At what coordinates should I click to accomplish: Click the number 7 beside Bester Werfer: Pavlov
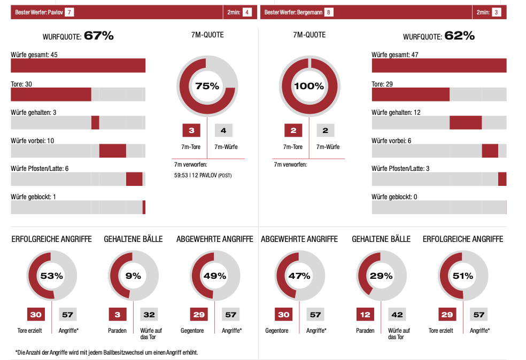point(69,12)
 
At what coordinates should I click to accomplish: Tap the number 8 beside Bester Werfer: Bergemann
point(328,12)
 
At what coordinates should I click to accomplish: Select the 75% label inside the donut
point(207,86)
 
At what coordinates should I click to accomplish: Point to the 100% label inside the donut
point(309,86)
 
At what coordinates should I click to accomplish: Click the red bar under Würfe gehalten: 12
point(466,122)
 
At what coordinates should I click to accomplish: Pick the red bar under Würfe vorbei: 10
point(112,151)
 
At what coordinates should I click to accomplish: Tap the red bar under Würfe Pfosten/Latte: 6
point(134,179)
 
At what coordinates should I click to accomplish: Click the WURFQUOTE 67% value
point(99,36)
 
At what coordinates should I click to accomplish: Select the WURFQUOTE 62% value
point(460,36)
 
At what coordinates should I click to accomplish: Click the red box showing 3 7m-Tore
point(191,130)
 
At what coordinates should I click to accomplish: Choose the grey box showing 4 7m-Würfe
point(223,130)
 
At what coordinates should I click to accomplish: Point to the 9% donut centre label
point(133,276)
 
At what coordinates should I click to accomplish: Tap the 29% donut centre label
point(381,276)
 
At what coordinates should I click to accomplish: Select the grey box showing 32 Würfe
point(149,315)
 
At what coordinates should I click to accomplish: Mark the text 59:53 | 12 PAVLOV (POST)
point(203,175)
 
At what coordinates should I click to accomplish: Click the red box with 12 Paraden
point(365,315)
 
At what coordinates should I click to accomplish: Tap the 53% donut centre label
point(52,276)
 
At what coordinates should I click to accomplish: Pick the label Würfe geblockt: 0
point(394,197)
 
